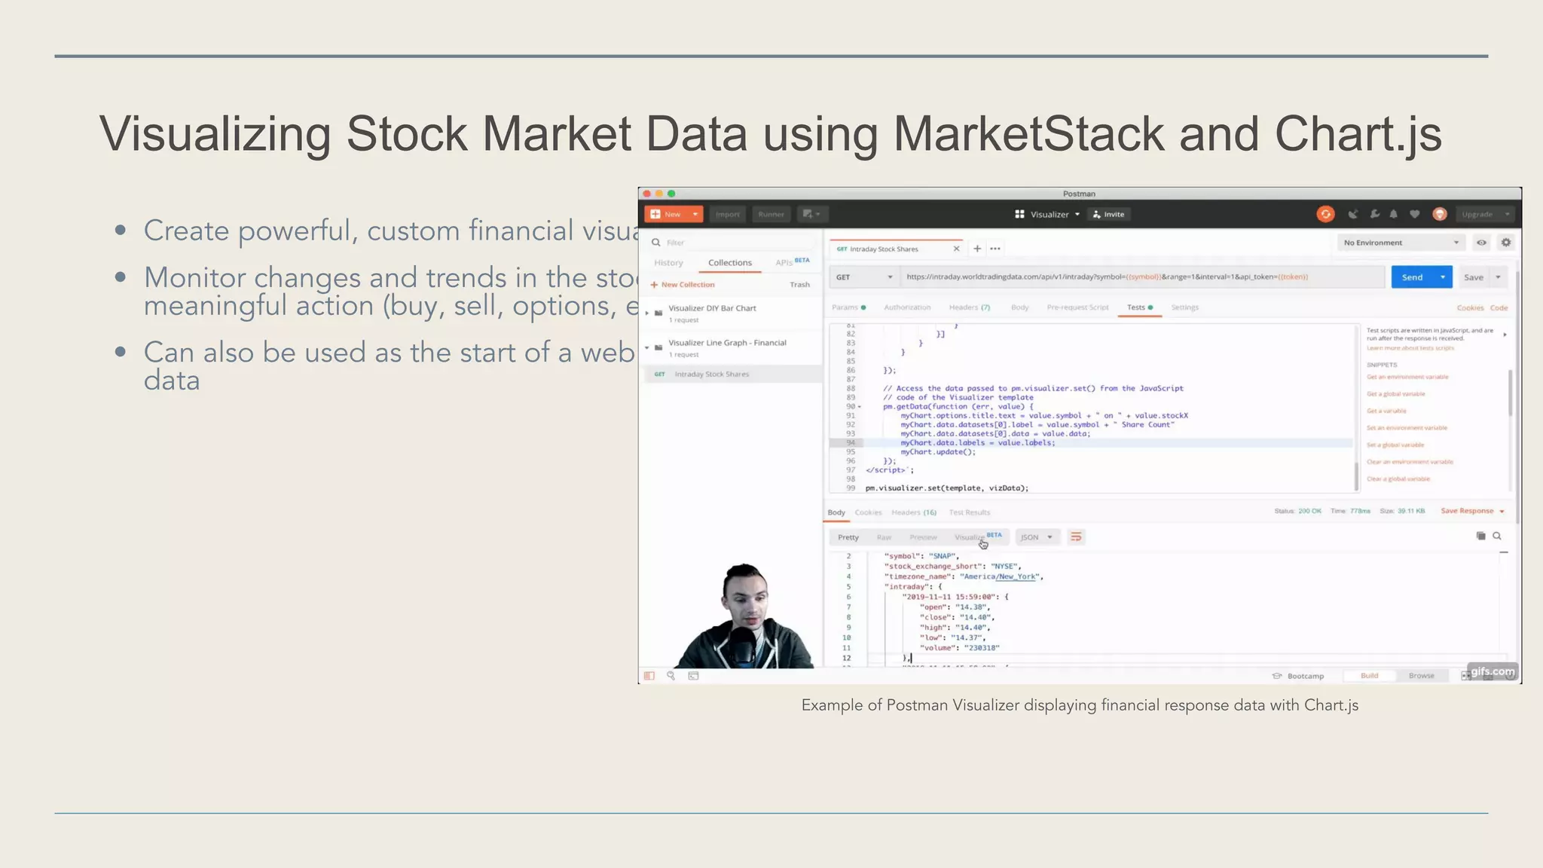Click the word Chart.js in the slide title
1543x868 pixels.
click(x=1358, y=134)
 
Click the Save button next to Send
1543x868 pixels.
click(x=1473, y=277)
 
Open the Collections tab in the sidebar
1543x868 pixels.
click(x=729, y=263)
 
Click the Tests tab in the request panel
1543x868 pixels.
click(x=1136, y=307)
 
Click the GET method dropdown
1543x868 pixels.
click(x=863, y=277)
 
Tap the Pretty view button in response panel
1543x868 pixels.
click(x=848, y=537)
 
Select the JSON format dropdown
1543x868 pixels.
click(x=1036, y=537)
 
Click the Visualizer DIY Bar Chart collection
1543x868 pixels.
click(x=712, y=308)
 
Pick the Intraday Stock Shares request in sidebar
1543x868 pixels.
click(x=711, y=374)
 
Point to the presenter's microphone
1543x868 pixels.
click(x=743, y=644)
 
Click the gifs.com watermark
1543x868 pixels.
click(x=1492, y=671)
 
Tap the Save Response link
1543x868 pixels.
click(x=1467, y=511)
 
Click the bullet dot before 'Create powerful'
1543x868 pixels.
click(x=121, y=231)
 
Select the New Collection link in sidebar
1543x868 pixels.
click(x=686, y=285)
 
